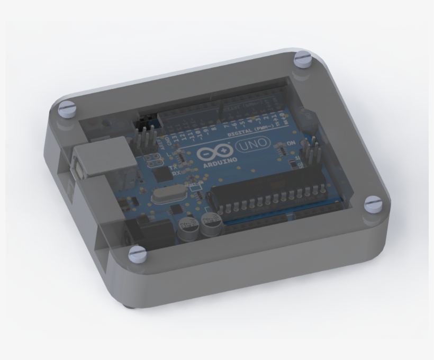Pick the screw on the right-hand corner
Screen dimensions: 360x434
point(373,203)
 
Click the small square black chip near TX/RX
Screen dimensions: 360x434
point(158,175)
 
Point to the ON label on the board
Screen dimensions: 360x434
point(291,143)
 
